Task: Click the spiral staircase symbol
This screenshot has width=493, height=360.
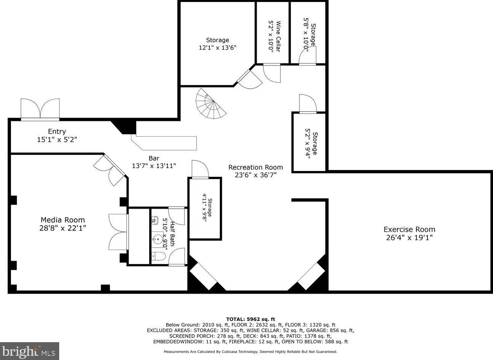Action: (210, 104)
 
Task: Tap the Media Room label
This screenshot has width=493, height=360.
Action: (63, 220)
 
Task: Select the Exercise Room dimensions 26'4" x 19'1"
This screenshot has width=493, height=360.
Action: (409, 238)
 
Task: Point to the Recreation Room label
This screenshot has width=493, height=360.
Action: (255, 167)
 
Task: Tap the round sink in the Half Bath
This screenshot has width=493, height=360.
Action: (158, 239)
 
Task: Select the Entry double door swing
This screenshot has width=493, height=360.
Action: (40, 109)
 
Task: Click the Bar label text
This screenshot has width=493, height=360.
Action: (154, 158)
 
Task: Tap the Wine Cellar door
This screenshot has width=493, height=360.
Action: (272, 73)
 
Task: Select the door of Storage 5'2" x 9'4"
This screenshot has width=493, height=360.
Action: (307, 104)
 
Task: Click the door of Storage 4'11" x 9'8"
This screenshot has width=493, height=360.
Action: (200, 169)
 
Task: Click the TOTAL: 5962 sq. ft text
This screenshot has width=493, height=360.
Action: (250, 319)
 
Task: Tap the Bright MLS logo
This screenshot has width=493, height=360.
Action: (30, 351)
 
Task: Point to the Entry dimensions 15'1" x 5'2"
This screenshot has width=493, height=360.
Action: (57, 140)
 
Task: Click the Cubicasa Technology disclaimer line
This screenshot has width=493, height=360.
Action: (250, 352)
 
